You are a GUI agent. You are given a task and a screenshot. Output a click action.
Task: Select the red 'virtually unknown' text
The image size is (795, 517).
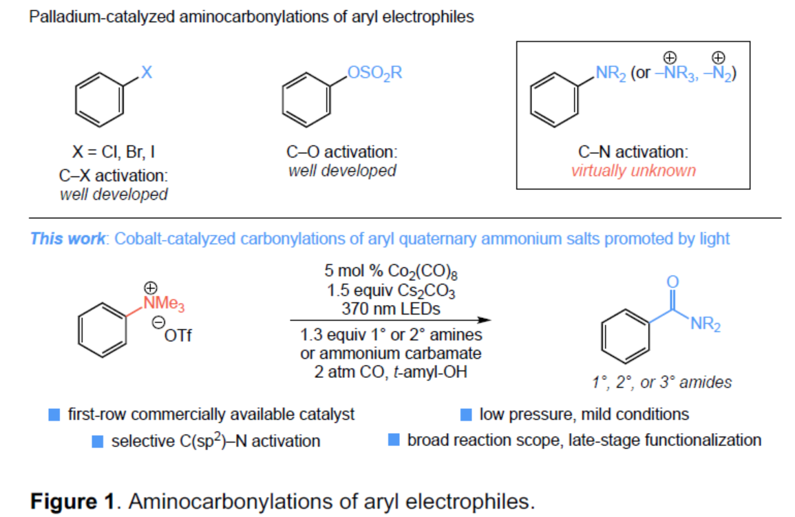(x=633, y=170)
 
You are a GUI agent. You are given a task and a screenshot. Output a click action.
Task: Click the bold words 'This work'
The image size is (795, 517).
(x=68, y=239)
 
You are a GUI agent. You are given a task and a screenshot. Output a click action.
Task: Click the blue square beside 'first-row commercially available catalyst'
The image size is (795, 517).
(x=54, y=414)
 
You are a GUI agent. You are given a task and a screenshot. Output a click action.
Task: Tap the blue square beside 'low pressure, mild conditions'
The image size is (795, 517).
(x=466, y=414)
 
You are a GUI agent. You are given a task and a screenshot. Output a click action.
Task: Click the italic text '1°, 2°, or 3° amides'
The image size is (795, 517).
(x=661, y=382)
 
